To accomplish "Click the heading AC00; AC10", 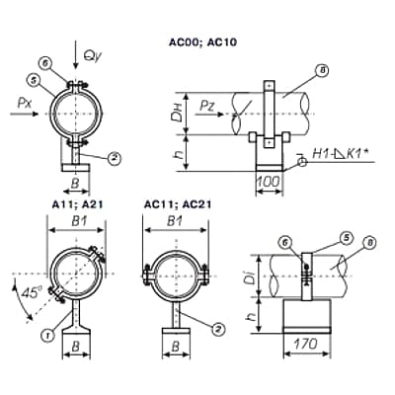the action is (x=202, y=42).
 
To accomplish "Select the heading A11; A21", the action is (x=78, y=204).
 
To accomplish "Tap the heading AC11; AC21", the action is (x=178, y=204).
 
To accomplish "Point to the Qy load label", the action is (x=93, y=56).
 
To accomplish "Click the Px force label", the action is (x=25, y=104).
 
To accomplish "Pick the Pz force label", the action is (x=208, y=106).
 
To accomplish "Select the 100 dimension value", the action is (x=269, y=182).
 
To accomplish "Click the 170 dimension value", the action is (x=306, y=344).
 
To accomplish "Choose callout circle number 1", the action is (x=48, y=335).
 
